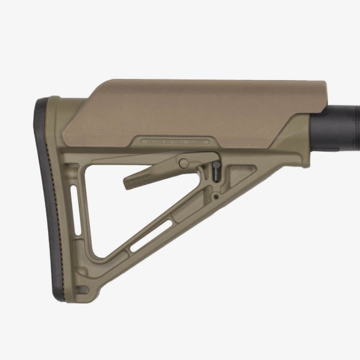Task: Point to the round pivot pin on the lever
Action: click(x=183, y=164)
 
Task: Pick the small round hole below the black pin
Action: click(x=215, y=197)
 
